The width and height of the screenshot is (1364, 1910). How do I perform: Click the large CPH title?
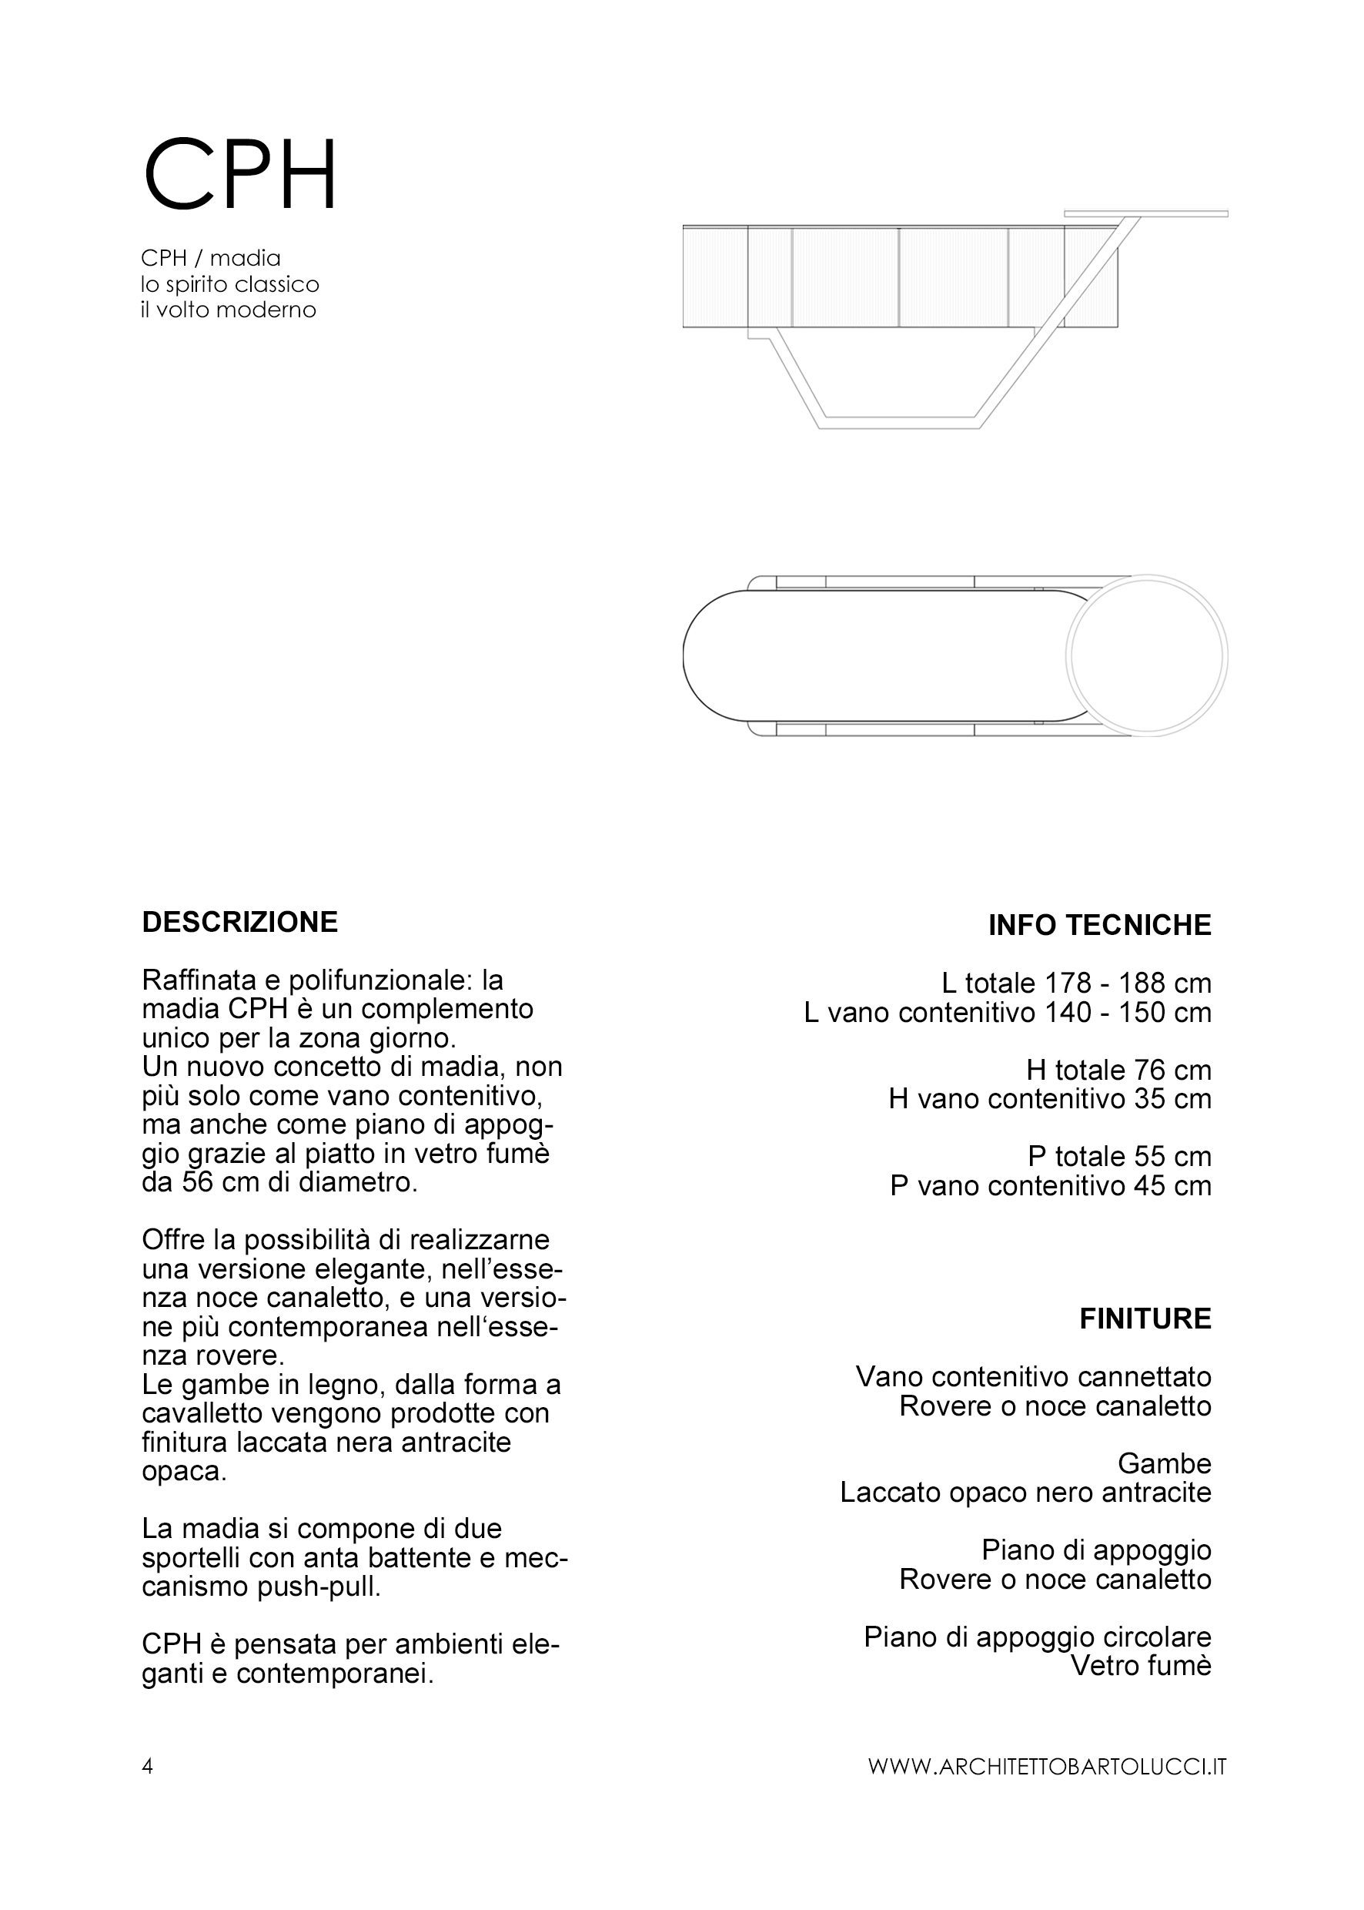[x=240, y=175]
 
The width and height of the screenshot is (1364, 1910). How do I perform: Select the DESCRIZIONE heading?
[x=239, y=922]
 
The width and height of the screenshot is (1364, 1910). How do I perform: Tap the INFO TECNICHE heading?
[x=1099, y=925]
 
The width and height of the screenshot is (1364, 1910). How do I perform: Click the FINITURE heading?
[x=1145, y=1319]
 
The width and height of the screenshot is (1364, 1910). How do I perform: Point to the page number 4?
[x=147, y=1765]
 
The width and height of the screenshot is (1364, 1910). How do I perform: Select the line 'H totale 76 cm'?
[x=1118, y=1070]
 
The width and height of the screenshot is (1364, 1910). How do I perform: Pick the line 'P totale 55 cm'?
[x=1118, y=1156]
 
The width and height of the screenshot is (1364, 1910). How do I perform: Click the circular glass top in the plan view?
[x=1147, y=656]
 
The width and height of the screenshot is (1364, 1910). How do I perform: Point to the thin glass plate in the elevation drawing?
[x=1145, y=213]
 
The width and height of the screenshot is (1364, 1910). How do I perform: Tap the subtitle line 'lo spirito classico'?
[x=230, y=284]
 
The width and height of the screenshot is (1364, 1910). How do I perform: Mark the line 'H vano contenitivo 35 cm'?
[x=1050, y=1098]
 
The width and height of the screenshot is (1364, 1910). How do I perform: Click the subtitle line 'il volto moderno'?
[x=229, y=310]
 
